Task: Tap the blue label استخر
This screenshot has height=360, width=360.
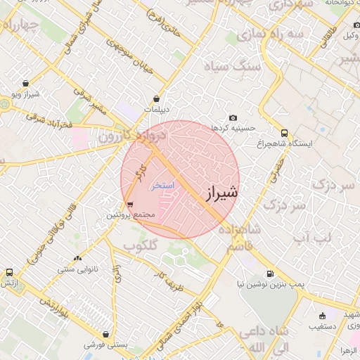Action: (163, 184)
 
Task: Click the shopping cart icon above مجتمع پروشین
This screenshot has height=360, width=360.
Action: (129, 205)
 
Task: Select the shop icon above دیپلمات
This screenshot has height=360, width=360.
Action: (156, 99)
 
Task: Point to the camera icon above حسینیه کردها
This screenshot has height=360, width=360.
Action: (233, 118)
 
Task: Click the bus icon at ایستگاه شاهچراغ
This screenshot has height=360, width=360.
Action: (284, 132)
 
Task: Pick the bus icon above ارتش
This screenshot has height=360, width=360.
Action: (9, 272)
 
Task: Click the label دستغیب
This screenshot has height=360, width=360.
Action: (322, 327)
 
